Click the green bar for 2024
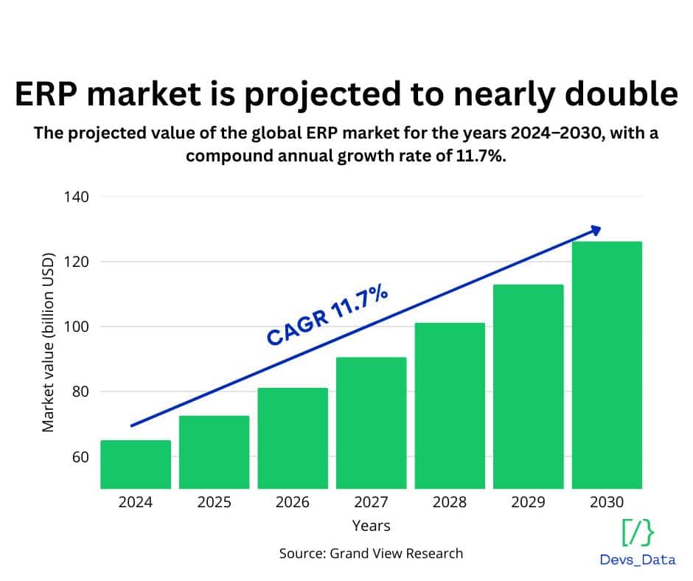coord(136,464)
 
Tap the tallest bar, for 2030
coord(607,364)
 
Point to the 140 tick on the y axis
coord(76,197)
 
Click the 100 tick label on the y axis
coord(76,327)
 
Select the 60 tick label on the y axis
coord(80,456)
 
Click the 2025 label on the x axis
coord(214,502)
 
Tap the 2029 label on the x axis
coord(528,502)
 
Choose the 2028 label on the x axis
coord(450,502)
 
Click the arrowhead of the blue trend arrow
coord(596,230)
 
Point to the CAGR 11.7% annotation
coord(327,318)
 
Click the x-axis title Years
coord(371,526)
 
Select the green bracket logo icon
coord(638,532)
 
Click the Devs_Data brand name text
coord(638,560)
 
